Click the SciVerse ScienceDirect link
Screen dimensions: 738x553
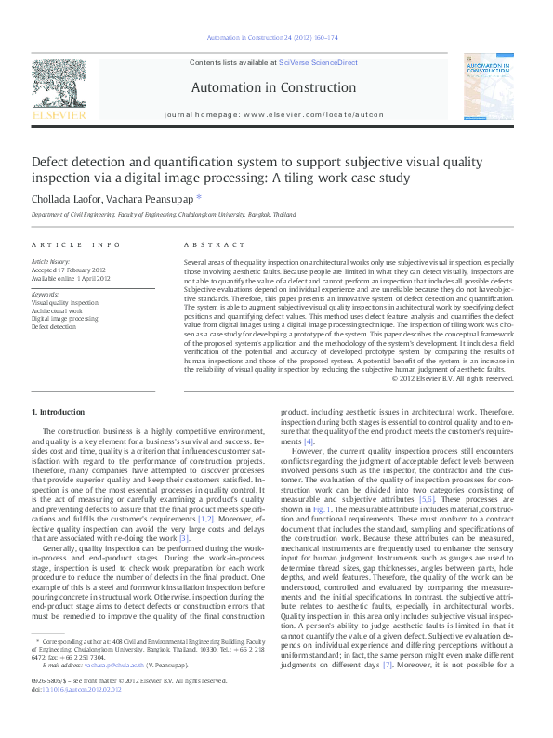click(x=318, y=62)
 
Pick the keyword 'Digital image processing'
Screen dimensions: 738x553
click(x=77, y=318)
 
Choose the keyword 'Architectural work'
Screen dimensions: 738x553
click(x=66, y=310)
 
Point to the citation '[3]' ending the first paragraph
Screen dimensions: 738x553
click(x=184, y=538)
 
